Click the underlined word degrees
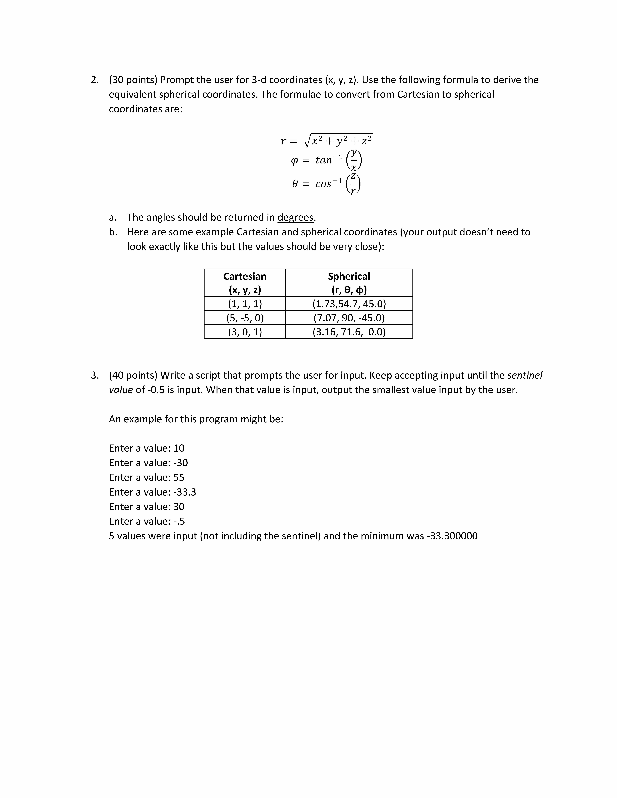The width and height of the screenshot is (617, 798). [295, 217]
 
